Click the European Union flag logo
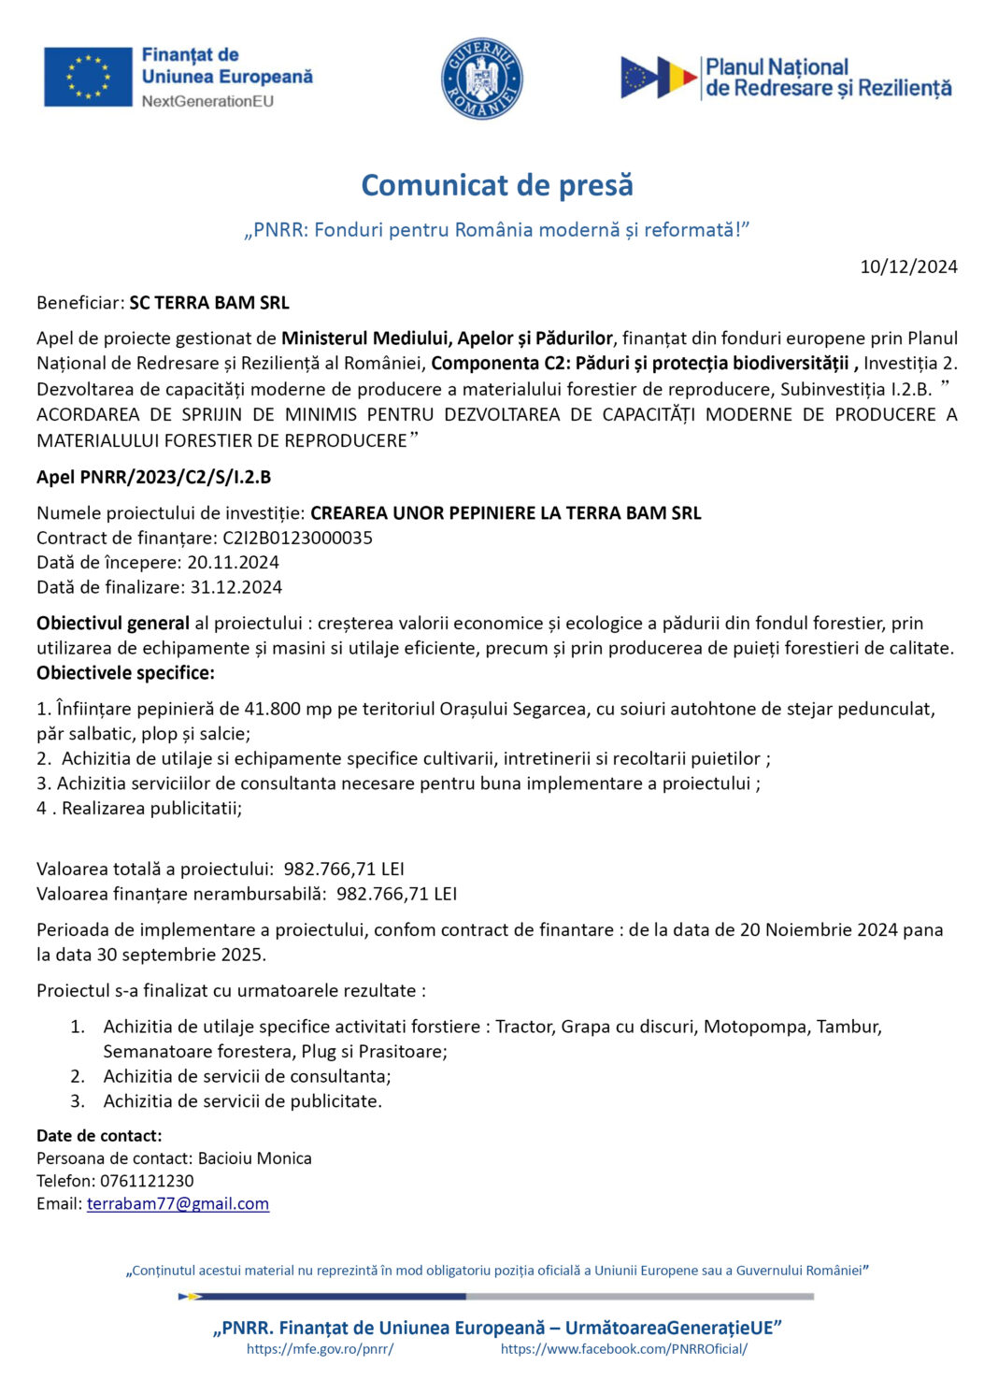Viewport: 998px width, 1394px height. coord(88,77)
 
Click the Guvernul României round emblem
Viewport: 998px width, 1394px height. coord(481,79)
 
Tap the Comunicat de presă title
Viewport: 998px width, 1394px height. coord(497,185)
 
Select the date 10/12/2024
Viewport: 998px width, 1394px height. coord(908,266)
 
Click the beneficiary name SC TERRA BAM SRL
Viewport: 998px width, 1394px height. coord(209,303)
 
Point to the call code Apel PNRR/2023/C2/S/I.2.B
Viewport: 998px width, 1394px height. coord(153,477)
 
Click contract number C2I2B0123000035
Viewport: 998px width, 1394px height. coord(297,538)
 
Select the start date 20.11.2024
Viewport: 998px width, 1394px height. coord(233,562)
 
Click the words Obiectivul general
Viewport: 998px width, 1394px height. coord(113,623)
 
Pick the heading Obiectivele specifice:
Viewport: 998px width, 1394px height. coord(125,672)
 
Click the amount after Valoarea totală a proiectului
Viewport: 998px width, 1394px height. coord(344,869)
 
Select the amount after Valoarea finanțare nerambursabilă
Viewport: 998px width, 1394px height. coord(396,894)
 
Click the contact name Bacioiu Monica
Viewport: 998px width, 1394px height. coord(254,1158)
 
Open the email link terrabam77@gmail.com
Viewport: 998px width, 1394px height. coord(178,1204)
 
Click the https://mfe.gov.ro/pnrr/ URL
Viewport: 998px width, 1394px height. coord(320,1349)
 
